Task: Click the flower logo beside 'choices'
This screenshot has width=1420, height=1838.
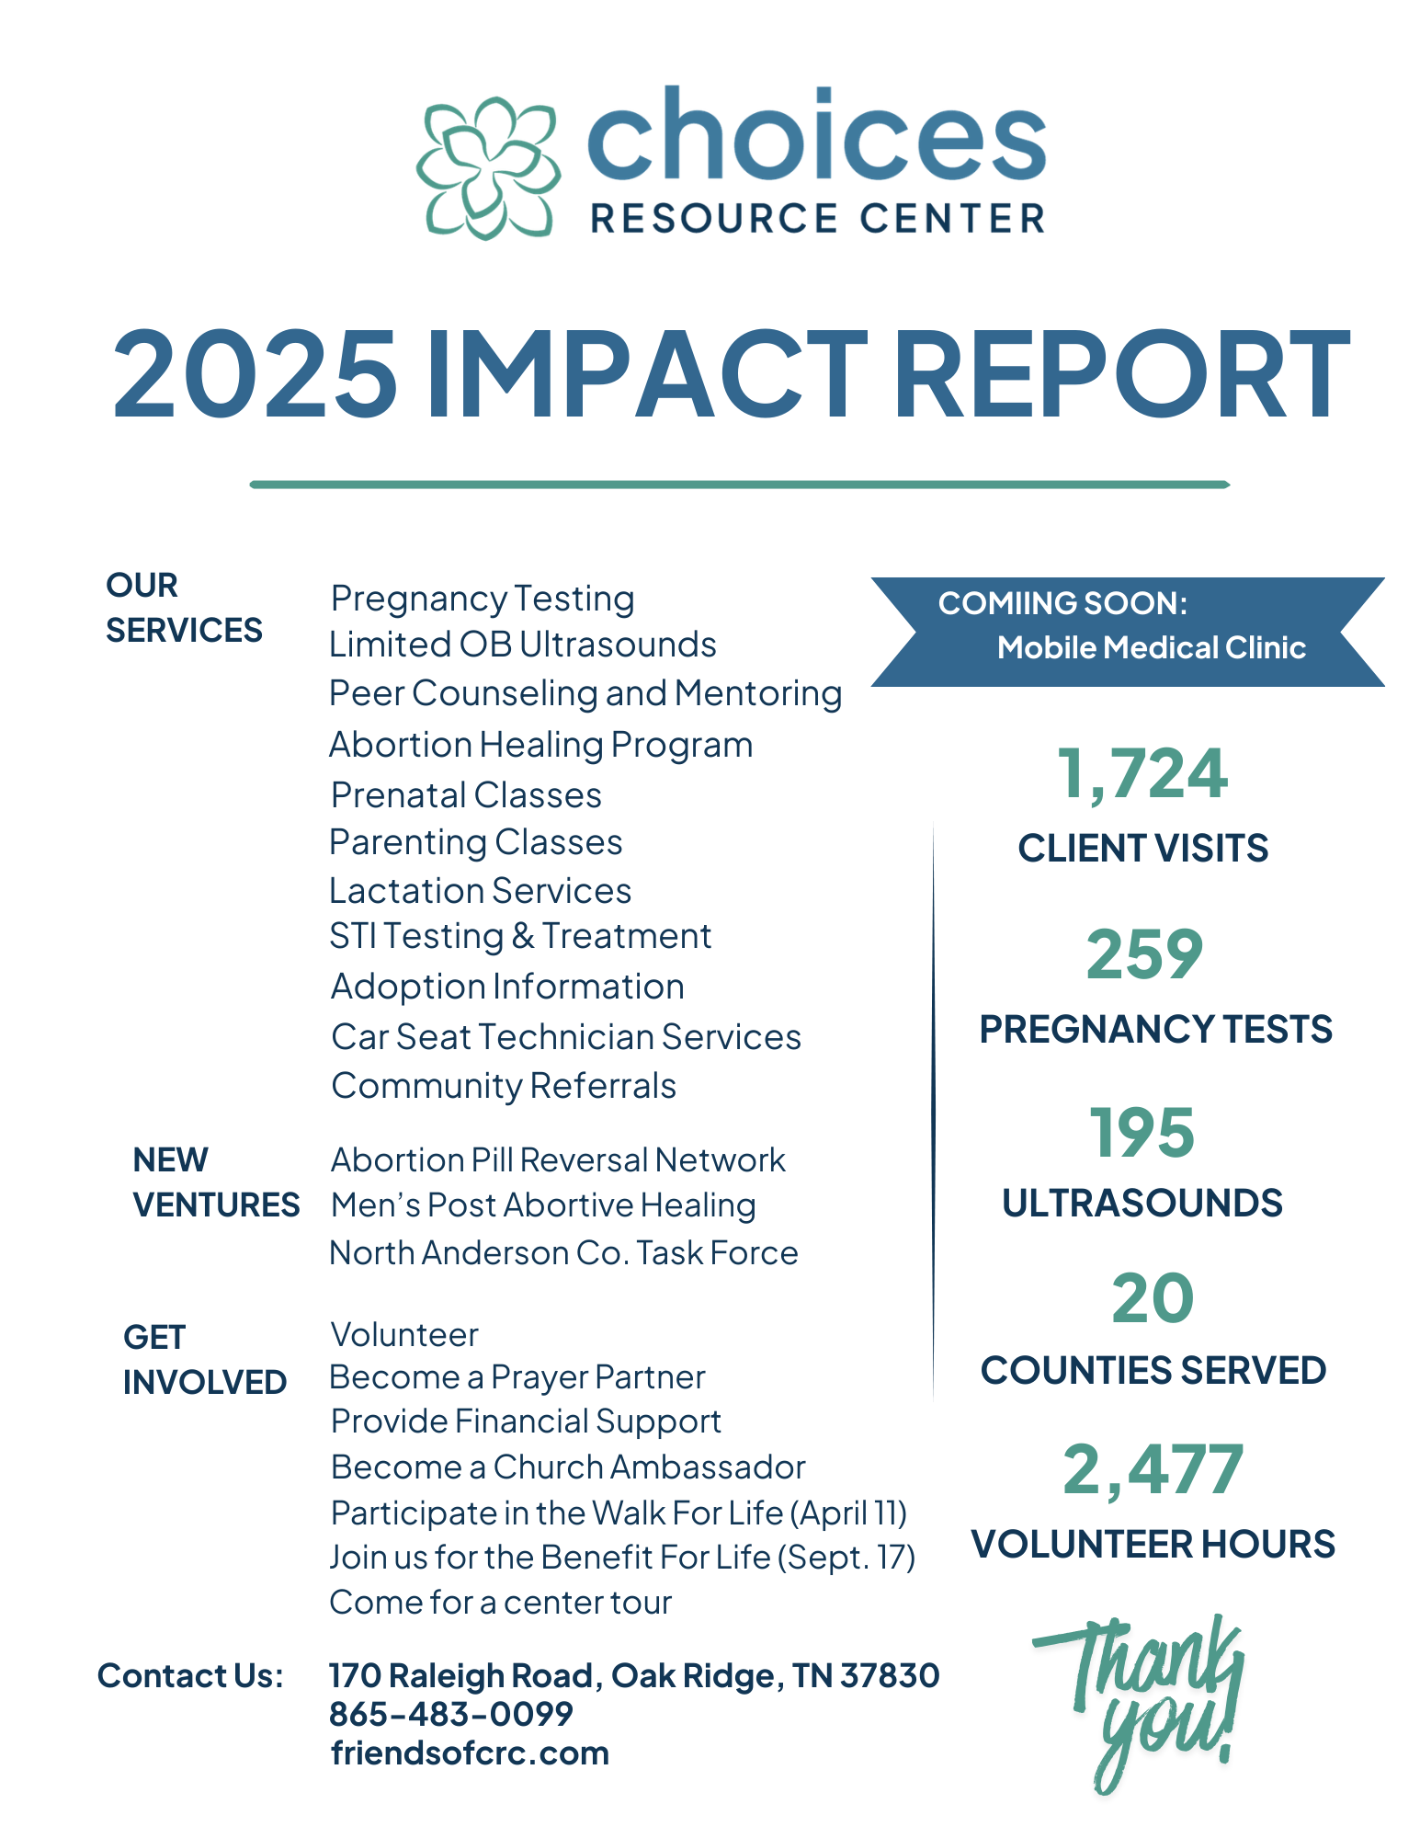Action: (x=487, y=168)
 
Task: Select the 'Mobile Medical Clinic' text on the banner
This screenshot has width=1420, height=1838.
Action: (x=1151, y=648)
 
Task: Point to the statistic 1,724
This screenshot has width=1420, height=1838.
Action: (x=1142, y=774)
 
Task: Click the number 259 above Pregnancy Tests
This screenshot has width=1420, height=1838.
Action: (x=1144, y=954)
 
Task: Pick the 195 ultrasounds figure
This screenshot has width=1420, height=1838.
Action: (x=1142, y=1133)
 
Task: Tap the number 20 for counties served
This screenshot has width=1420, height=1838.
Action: (x=1153, y=1299)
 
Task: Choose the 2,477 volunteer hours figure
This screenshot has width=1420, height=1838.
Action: (x=1153, y=1470)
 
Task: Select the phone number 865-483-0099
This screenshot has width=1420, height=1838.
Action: (x=450, y=1714)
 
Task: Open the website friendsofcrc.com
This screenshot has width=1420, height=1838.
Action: (x=470, y=1753)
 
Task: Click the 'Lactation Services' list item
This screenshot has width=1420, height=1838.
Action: (x=480, y=891)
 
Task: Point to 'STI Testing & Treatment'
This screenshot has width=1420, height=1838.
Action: (x=520, y=936)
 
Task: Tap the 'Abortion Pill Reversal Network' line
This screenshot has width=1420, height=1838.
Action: (x=558, y=1160)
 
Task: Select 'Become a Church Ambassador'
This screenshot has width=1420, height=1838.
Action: (x=568, y=1467)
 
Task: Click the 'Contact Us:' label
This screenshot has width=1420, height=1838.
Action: (x=190, y=1676)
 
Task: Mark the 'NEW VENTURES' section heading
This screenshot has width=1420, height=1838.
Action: (x=216, y=1182)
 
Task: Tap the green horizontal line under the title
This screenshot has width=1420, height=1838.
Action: (x=739, y=485)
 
